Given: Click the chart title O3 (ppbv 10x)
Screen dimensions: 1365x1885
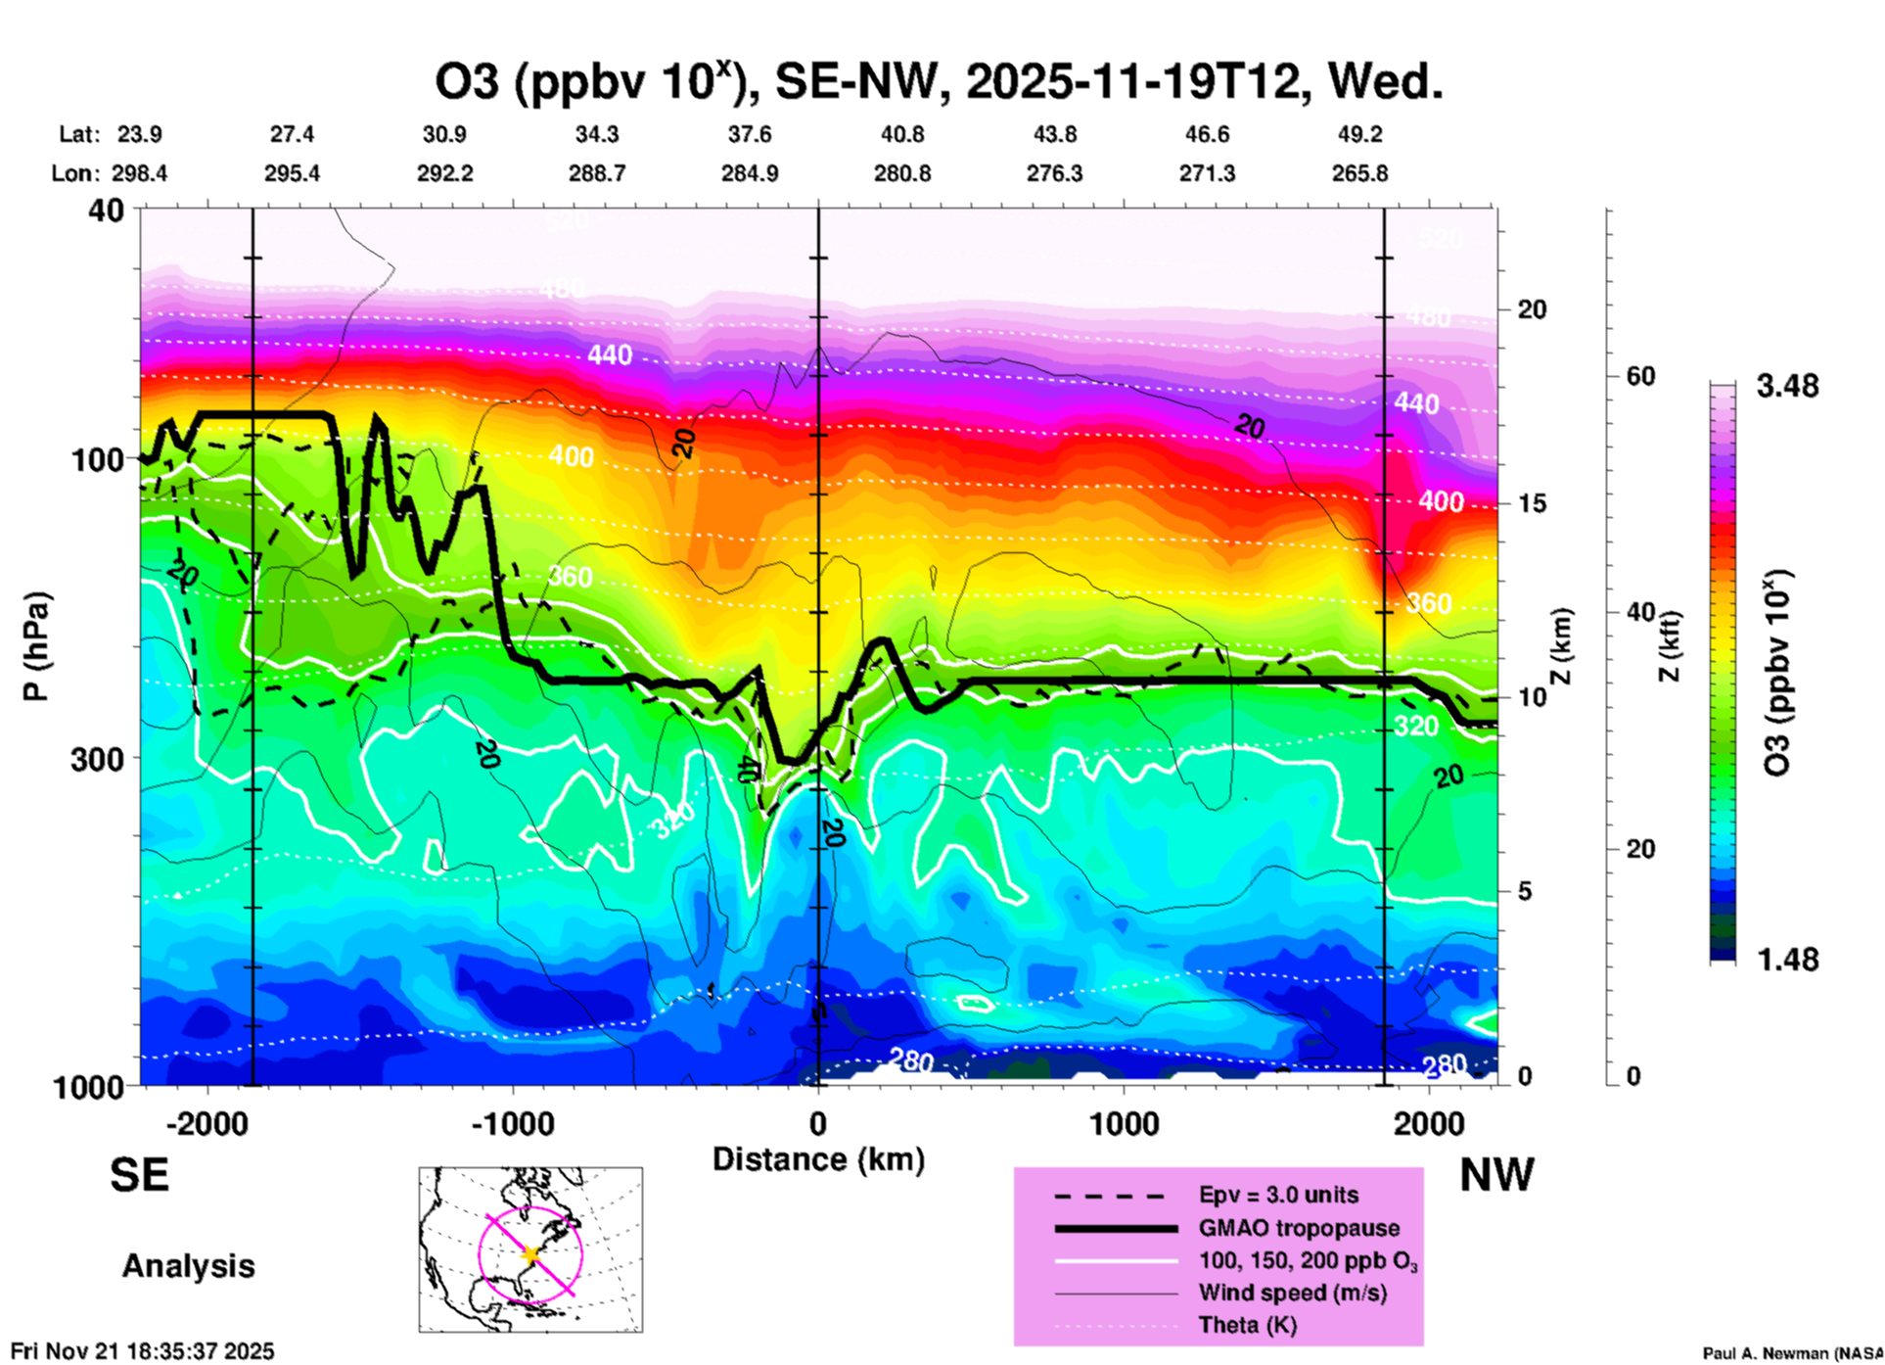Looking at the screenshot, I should (938, 82).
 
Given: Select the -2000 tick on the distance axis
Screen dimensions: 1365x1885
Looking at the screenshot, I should (207, 1123).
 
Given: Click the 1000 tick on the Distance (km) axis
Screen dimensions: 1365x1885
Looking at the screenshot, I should (1124, 1123).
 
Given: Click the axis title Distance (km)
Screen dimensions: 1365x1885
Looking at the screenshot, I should (818, 1159).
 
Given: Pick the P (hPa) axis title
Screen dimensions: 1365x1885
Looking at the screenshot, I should (36, 646).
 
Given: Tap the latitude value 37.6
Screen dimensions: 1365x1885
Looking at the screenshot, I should (750, 135).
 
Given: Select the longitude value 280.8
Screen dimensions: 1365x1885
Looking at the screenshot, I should (902, 174).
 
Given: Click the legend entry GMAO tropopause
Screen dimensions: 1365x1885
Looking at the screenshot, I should (1299, 1228).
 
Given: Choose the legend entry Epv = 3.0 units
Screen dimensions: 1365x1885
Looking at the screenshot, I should (1278, 1196).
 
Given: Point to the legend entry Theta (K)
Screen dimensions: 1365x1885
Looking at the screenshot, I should (1247, 1326).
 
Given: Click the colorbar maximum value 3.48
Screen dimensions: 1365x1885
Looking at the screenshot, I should (1787, 387).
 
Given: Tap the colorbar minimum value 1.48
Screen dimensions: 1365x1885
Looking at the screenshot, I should (1787, 960).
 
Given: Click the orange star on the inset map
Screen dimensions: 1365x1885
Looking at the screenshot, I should (531, 1254).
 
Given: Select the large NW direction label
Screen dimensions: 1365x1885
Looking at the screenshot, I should (1496, 1175).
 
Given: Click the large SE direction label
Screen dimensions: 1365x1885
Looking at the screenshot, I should (139, 1175).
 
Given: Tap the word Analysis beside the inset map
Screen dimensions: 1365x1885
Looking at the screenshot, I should (188, 1266).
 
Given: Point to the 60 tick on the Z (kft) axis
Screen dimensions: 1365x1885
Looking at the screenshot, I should (1640, 377).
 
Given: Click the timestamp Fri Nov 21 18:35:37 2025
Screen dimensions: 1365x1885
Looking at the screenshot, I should (143, 1351).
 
